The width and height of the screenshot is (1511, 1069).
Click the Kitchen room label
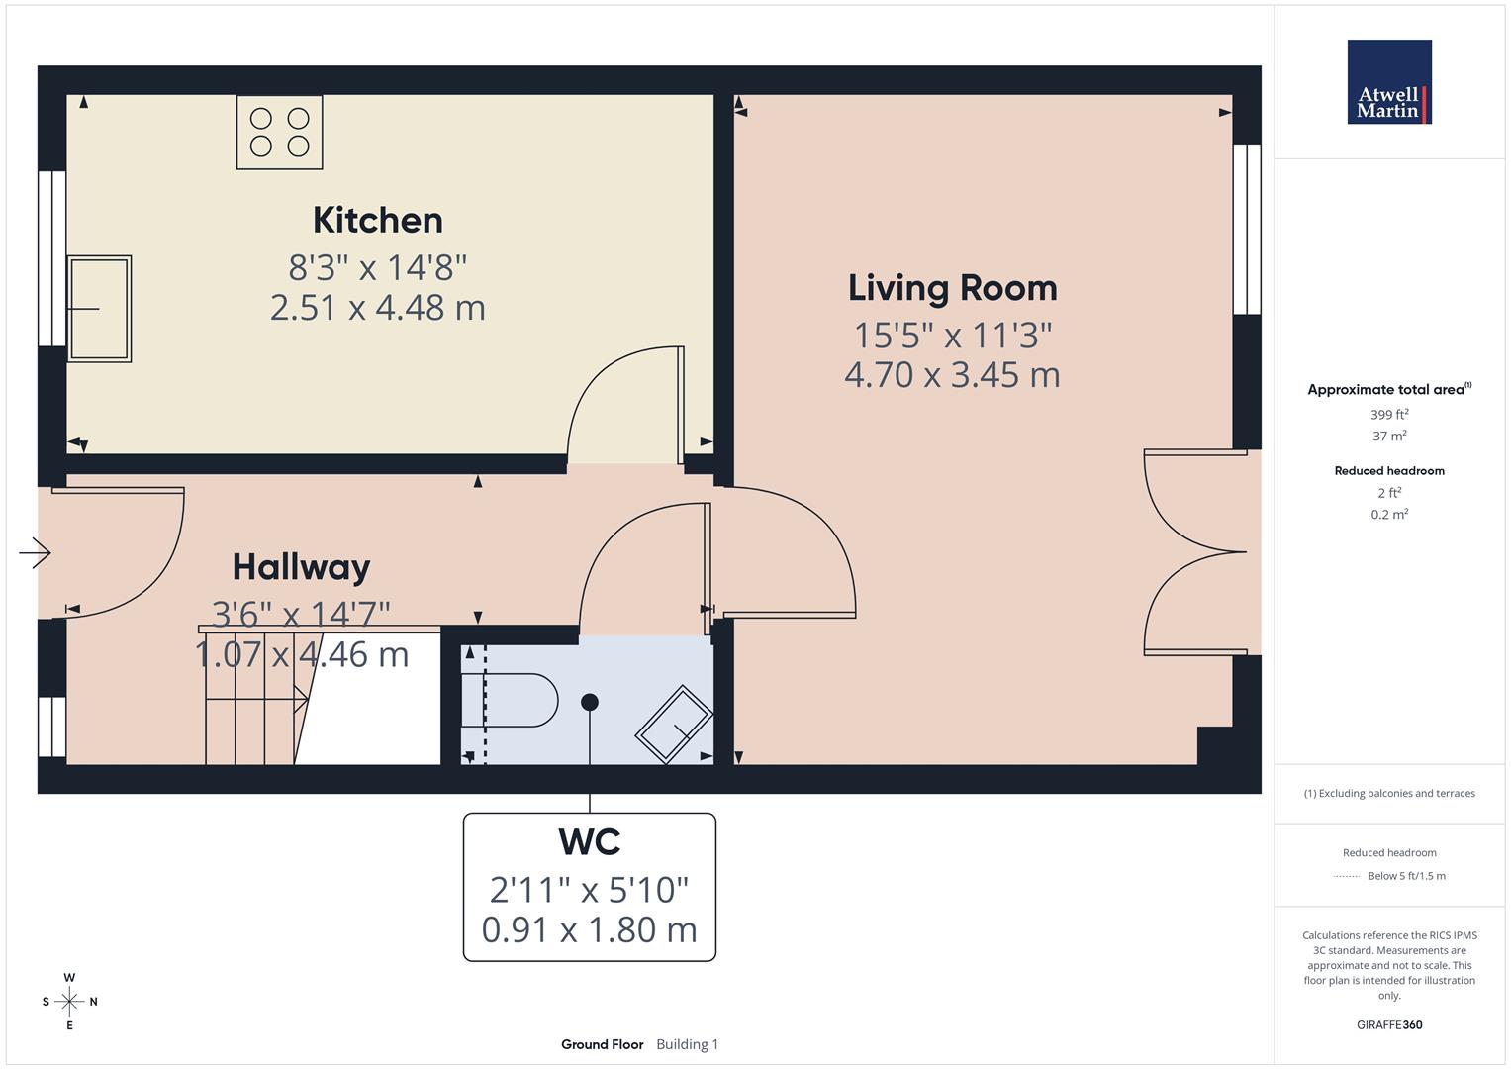[377, 220]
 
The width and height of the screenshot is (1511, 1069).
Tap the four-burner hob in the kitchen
[279, 132]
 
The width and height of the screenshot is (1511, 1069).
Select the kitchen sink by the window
[99, 309]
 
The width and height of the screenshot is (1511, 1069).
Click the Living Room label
[952, 288]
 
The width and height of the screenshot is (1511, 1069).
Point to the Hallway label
[301, 567]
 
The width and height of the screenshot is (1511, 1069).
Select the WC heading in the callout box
[589, 841]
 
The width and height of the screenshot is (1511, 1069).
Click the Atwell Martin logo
[1388, 82]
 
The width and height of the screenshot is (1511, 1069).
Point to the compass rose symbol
[69, 1002]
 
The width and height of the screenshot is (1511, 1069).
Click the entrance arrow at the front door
[35, 552]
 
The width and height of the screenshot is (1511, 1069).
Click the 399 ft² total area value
[1388, 415]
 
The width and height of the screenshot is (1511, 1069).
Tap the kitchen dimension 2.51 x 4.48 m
[377, 308]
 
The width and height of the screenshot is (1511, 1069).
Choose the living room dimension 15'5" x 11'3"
[952, 336]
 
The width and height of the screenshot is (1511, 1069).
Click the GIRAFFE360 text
[1388, 1024]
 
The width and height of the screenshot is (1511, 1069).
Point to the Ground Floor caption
[602, 1044]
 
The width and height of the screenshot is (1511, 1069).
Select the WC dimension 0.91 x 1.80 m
[589, 929]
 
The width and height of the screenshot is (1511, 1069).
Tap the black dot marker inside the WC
[590, 702]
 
